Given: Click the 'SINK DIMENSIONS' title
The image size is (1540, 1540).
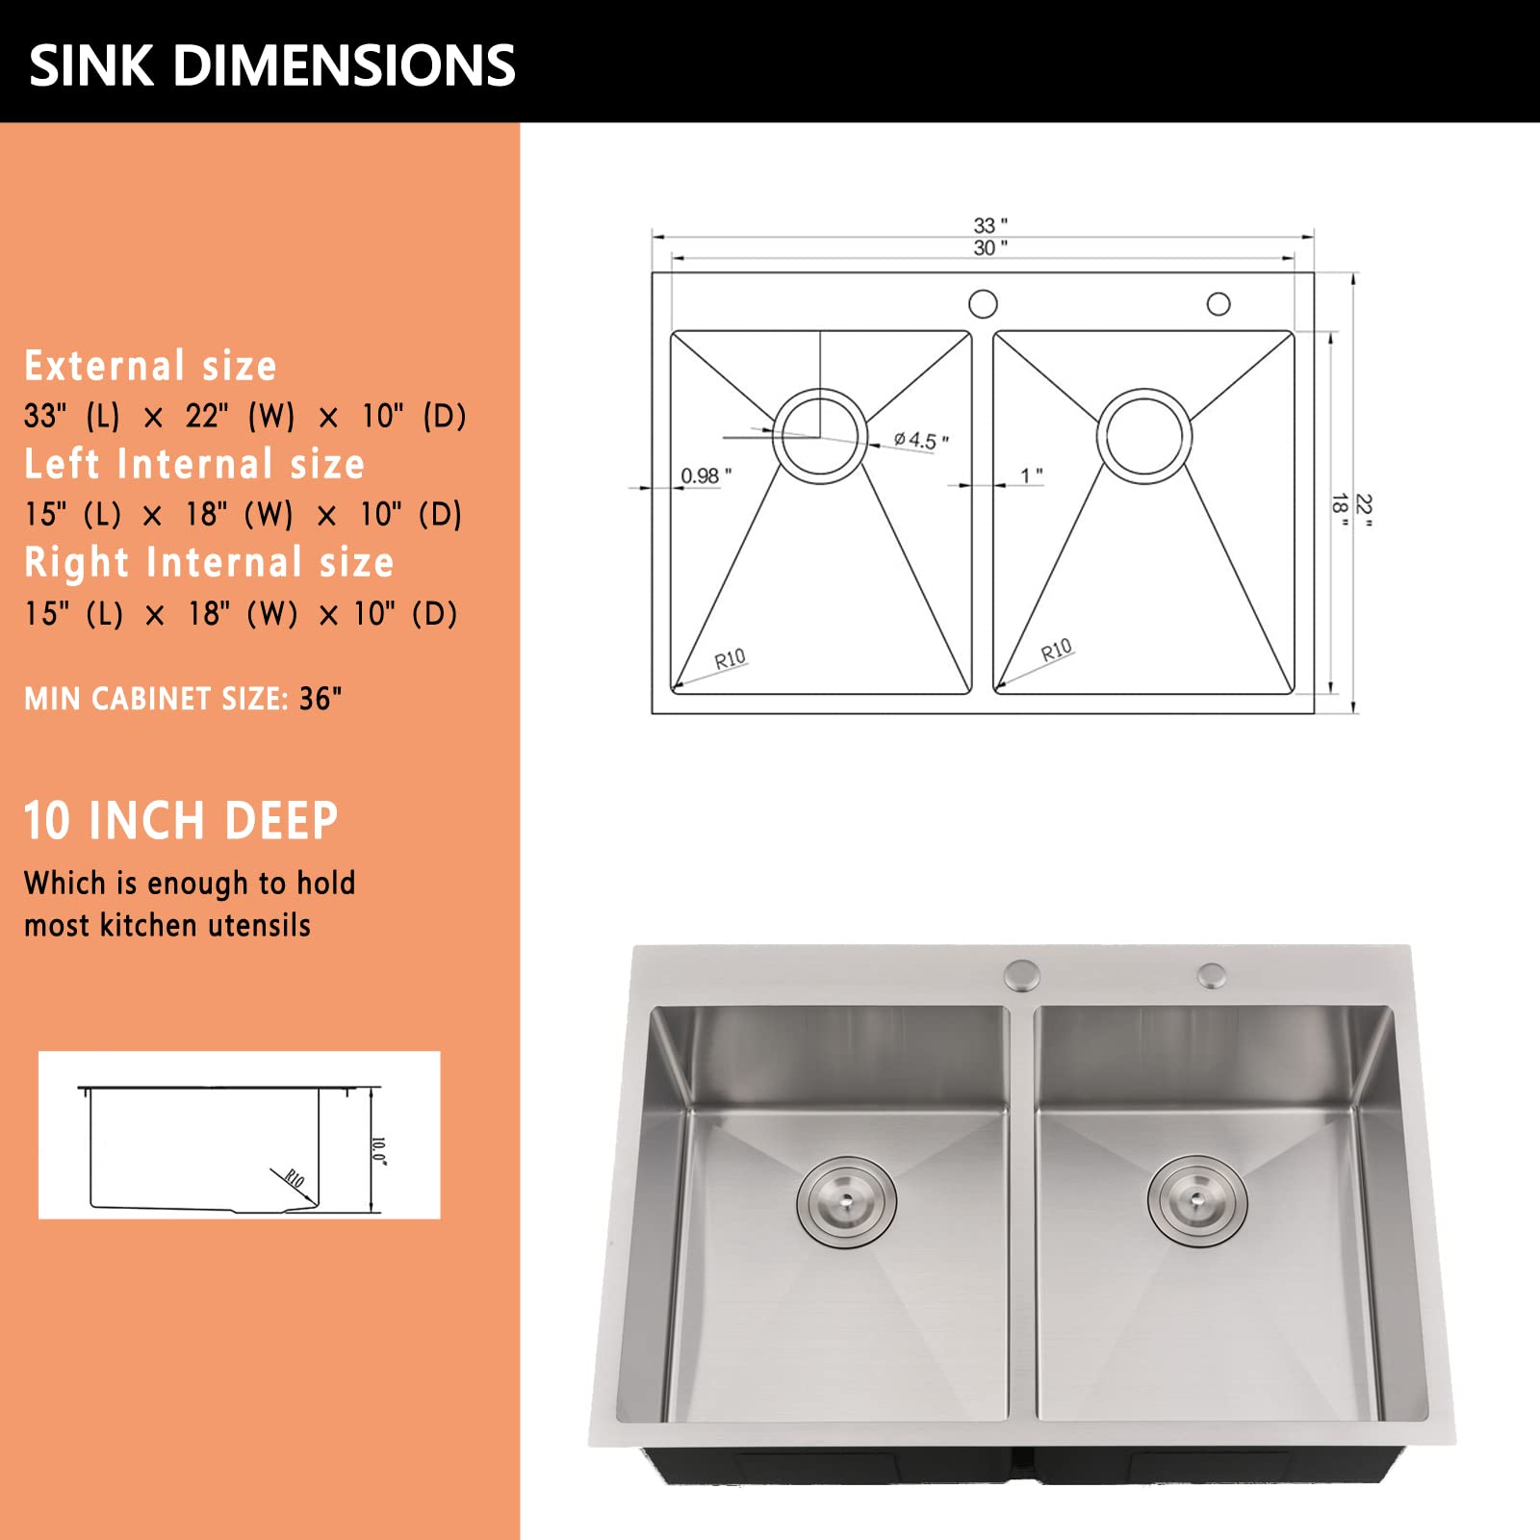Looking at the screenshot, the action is click(x=272, y=65).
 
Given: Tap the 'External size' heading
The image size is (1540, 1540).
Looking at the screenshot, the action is click(x=150, y=366).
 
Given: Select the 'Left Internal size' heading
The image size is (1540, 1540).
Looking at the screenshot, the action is click(x=194, y=464).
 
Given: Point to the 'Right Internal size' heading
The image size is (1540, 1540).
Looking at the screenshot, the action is click(x=209, y=563).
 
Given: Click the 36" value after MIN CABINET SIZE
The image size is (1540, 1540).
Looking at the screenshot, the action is click(x=321, y=698).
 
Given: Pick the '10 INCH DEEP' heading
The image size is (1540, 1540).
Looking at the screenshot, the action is click(x=181, y=821).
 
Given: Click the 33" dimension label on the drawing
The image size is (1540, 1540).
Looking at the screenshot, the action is click(x=990, y=225).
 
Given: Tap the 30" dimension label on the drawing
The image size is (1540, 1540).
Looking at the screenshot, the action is click(x=990, y=247).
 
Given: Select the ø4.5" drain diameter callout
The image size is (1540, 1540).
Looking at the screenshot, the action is click(x=921, y=441).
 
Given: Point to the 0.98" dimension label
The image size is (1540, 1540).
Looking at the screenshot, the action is click(x=706, y=475).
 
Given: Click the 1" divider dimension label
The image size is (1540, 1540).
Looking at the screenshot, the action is click(x=1032, y=475).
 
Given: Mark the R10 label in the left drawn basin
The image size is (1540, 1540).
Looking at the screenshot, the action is click(x=730, y=659).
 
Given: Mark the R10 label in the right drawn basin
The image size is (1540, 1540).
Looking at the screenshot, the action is click(x=1056, y=651).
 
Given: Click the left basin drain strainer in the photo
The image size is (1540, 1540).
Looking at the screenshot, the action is click(x=847, y=1202).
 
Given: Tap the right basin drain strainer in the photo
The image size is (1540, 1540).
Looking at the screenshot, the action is click(x=1197, y=1200).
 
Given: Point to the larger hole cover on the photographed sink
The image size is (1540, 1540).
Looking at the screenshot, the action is click(x=1022, y=975).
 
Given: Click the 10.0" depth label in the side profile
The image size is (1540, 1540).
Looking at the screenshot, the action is click(x=379, y=1150).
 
